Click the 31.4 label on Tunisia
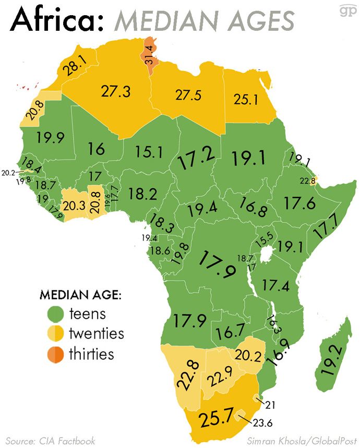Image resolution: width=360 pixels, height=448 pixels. coord(150,56)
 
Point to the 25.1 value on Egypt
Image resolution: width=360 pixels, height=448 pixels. coord(246,99)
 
